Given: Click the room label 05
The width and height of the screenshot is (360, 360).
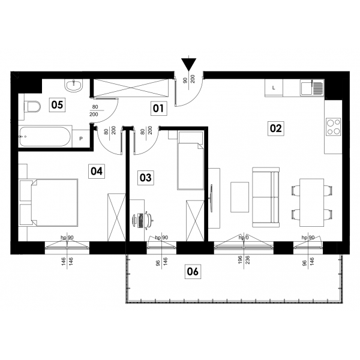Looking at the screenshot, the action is [x=57, y=105].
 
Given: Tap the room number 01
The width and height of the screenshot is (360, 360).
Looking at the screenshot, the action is [x=158, y=108].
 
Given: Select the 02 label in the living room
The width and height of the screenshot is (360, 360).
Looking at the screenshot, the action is [x=276, y=128].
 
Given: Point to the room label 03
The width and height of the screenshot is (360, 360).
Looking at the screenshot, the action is [x=146, y=178].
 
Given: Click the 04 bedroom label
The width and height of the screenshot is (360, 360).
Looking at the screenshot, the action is [x=97, y=171].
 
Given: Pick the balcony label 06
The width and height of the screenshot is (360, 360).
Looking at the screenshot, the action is [x=193, y=272].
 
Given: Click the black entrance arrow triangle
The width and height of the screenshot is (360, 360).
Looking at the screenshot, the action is [x=189, y=64].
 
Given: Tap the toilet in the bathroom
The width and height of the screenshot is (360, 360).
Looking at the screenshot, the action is [x=32, y=107].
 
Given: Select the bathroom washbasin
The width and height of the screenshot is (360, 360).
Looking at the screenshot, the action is [x=73, y=85].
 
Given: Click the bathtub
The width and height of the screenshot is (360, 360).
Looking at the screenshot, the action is [x=46, y=137].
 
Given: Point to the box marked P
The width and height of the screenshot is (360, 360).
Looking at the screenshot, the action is [x=81, y=139].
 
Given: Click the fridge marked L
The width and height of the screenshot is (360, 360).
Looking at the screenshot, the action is [x=274, y=88].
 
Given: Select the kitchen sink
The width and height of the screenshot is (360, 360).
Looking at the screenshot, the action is [x=312, y=88].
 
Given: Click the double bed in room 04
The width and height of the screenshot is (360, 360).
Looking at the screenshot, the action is [x=49, y=202].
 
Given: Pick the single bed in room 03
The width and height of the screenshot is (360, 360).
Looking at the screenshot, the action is [x=191, y=161].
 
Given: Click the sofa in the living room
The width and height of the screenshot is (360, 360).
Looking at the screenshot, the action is [x=266, y=197].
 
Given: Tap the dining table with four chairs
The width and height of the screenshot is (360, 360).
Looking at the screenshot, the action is [x=312, y=203].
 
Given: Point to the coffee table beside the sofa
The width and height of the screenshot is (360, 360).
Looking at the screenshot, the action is [x=239, y=197].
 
